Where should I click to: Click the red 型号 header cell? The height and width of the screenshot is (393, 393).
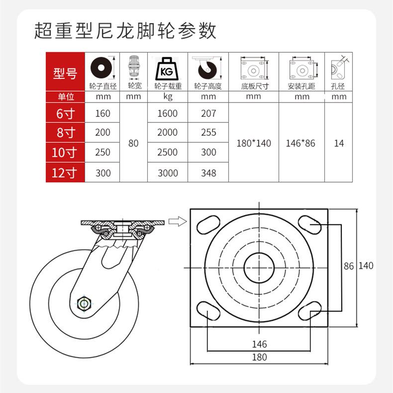pos(66,74)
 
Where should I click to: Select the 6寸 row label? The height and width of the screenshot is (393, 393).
pos(66,113)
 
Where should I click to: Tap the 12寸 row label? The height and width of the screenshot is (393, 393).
pos(66,173)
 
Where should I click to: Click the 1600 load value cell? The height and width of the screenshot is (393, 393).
pos(167,113)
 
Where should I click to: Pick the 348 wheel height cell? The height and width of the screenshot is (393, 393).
pos(208,173)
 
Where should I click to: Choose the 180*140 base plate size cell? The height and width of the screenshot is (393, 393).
pos(254,143)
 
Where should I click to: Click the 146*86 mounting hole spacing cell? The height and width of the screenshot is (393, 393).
pos(301,143)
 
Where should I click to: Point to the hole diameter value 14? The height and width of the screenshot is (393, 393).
pos(339,143)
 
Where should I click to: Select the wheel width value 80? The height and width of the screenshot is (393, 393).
pos(133,143)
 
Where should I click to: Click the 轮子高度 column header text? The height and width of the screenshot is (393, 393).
pos(208,86)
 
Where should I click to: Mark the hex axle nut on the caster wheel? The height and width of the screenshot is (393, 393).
pos(84,303)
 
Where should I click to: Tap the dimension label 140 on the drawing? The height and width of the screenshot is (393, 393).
pos(366,266)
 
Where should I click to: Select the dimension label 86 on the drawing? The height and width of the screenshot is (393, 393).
pos(349,266)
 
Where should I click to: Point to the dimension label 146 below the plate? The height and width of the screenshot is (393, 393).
pos(259,344)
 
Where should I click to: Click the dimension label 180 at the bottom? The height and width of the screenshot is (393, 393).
pos(259,357)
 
